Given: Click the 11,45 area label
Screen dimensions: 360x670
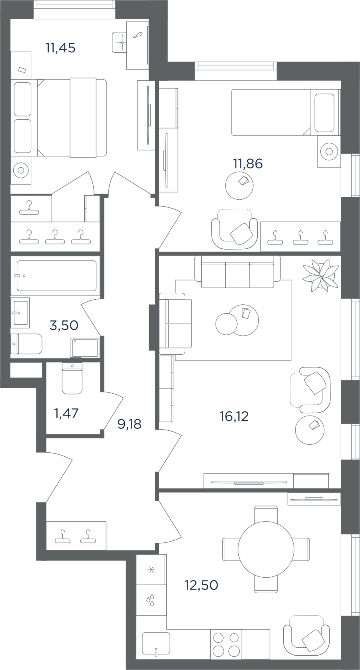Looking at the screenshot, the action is (x=60, y=48).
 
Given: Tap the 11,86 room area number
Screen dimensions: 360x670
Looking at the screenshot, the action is (x=248, y=164).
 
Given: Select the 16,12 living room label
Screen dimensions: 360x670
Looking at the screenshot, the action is (x=234, y=416).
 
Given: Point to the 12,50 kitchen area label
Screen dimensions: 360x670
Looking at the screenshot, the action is (x=202, y=585).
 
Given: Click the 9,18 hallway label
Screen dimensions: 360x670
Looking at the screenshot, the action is (x=130, y=424).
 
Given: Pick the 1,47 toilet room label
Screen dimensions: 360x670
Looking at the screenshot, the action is (x=66, y=413).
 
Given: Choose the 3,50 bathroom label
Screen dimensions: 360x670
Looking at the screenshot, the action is (x=64, y=325).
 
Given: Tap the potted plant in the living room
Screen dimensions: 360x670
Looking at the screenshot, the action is (x=321, y=276).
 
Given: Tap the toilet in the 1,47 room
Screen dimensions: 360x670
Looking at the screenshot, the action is (x=72, y=378).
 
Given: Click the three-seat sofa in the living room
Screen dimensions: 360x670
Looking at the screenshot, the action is (x=238, y=272).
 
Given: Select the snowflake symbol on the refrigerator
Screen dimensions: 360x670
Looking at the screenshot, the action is (x=151, y=570).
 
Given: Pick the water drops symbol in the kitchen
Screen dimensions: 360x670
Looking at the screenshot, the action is (x=151, y=599).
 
